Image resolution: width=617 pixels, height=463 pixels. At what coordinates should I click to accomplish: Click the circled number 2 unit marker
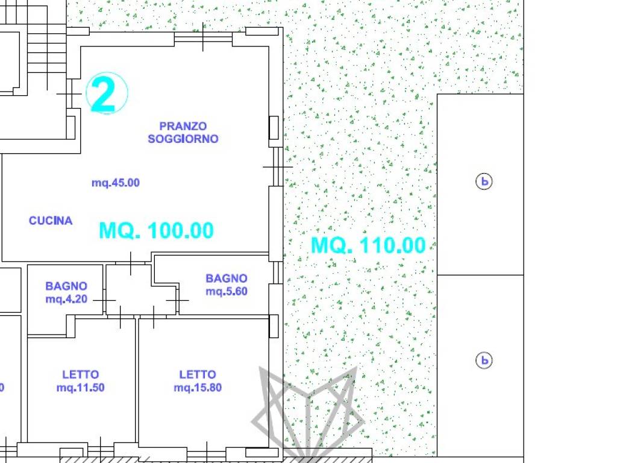coord(107,93)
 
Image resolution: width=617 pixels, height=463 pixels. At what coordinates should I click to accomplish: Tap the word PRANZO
coord(183,126)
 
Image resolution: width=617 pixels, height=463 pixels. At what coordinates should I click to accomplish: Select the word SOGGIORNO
coord(183,139)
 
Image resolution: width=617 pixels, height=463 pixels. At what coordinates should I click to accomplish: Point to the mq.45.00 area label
coord(116,183)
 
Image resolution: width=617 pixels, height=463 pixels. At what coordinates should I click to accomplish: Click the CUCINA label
coord(51,221)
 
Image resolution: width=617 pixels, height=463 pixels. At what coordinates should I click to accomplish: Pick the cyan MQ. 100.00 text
coord(156,230)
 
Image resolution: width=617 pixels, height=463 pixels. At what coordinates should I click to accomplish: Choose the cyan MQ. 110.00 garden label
coord(368,245)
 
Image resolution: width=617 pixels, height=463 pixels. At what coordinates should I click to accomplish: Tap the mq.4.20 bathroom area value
coord(66,299)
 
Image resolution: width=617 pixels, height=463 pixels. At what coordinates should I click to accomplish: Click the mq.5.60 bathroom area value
coord(227,291)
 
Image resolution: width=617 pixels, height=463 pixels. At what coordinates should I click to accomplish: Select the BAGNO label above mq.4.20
coord(66,286)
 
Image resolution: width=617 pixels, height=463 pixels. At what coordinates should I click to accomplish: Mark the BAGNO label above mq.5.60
coord(227,279)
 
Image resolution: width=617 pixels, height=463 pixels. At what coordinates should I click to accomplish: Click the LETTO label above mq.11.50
coord(81,374)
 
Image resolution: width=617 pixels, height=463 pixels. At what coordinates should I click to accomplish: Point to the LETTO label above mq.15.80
coord(198,374)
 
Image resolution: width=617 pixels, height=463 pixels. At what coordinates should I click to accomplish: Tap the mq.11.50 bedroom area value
coord(81,388)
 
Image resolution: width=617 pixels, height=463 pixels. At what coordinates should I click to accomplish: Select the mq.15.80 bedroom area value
coord(198,388)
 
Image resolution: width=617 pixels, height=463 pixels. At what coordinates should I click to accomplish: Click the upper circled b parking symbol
coord(484,181)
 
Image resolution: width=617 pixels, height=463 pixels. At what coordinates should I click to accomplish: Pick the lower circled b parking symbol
coord(484,361)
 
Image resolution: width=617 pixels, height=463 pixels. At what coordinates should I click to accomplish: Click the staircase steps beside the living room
coord(46,47)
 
